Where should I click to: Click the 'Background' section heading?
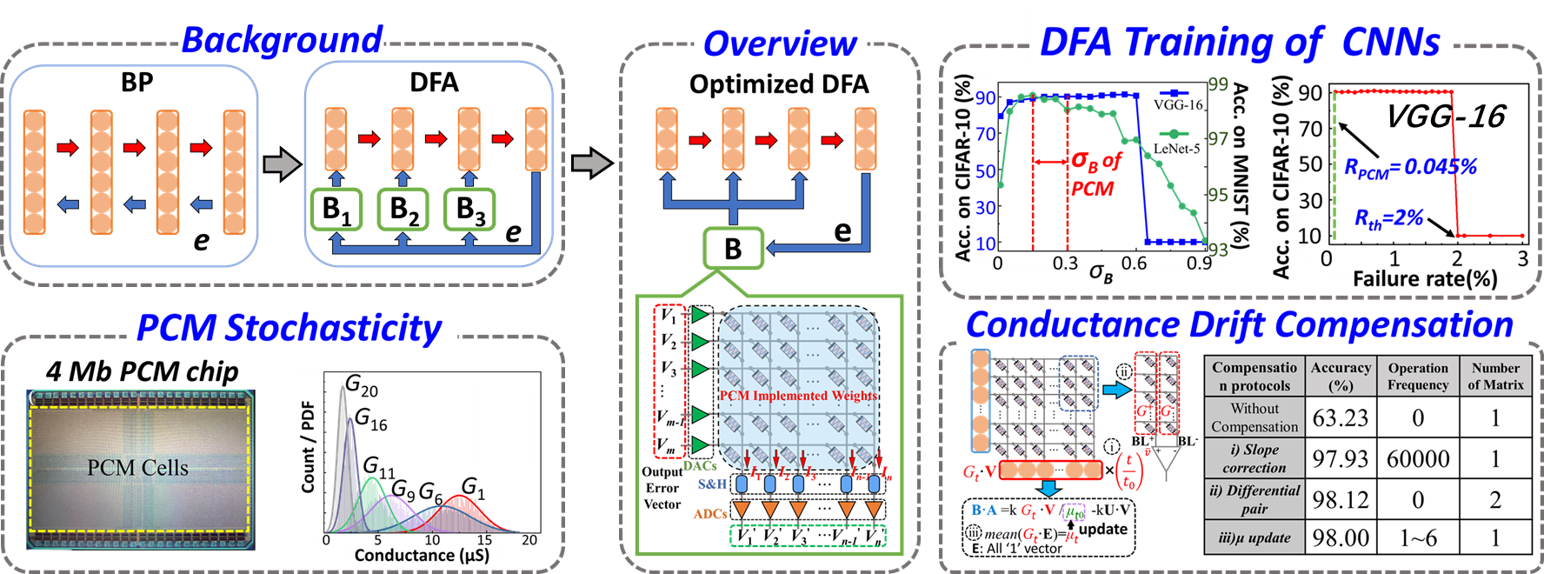pos(282,40)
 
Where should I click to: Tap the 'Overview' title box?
pos(780,43)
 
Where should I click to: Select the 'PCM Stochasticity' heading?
pos(290,328)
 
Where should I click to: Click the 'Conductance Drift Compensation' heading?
pos(1239,324)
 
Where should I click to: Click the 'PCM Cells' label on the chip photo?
pos(137,468)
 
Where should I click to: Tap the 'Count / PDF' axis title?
pos(308,447)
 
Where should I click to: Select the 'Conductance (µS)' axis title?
pos(422,555)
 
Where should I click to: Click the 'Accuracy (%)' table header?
pos(1341,376)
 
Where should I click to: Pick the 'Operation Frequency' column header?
pos(1418,376)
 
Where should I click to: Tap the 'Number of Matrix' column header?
pos(1495,376)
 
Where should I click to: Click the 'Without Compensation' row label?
pos(1254,417)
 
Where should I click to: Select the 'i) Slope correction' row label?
pos(1254,458)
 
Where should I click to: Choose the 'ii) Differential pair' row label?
pos(1254,499)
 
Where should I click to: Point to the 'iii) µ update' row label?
pos(1254,537)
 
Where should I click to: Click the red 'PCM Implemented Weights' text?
pos(798,396)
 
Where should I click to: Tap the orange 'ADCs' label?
pos(710,514)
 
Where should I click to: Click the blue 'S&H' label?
pos(712,484)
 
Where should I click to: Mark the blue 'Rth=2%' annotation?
pos(1388,218)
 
